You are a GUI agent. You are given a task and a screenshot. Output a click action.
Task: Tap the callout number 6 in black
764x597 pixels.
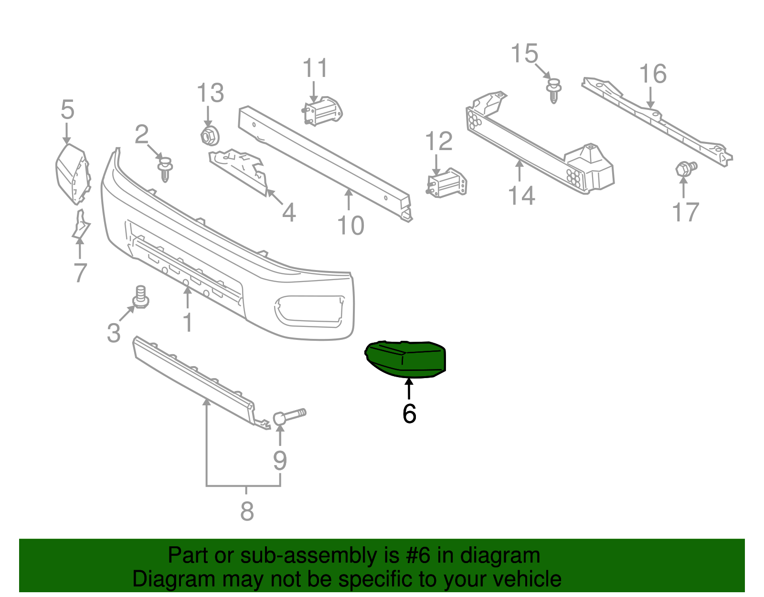pyautogui.click(x=409, y=414)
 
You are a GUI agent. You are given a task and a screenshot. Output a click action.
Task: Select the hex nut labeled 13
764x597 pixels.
pyautogui.click(x=209, y=136)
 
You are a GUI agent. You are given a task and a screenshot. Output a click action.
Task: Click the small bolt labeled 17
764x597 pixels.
pyautogui.click(x=686, y=168)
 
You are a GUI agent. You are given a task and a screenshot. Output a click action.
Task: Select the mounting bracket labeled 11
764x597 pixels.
pyautogui.click(x=323, y=110)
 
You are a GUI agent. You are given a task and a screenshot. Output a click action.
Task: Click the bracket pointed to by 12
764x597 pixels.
pyautogui.click(x=446, y=183)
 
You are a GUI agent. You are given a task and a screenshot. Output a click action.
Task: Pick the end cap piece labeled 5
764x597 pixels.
pyautogui.click(x=72, y=174)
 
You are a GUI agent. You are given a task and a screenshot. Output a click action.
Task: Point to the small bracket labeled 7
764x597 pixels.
pyautogui.click(x=81, y=225)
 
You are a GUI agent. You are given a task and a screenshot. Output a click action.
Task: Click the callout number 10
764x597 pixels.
pyautogui.click(x=351, y=226)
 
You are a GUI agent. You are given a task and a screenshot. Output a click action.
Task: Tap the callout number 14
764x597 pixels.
pyautogui.click(x=521, y=196)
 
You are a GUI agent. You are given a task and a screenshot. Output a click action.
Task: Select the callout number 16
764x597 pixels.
pyautogui.click(x=653, y=74)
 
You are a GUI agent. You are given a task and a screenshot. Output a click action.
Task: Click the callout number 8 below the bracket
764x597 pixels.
pyautogui.click(x=246, y=511)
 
